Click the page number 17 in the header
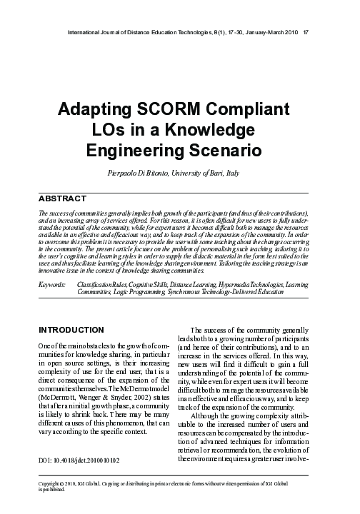[306, 33]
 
